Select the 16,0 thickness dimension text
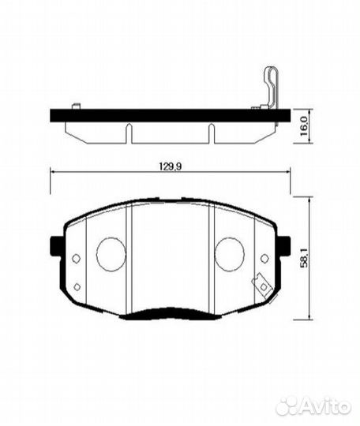point(304,126)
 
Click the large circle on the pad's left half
point(111,253)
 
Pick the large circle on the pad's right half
point(230,253)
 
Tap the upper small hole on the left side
point(76,259)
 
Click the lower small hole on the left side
point(77,286)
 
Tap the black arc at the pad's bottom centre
point(170,314)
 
